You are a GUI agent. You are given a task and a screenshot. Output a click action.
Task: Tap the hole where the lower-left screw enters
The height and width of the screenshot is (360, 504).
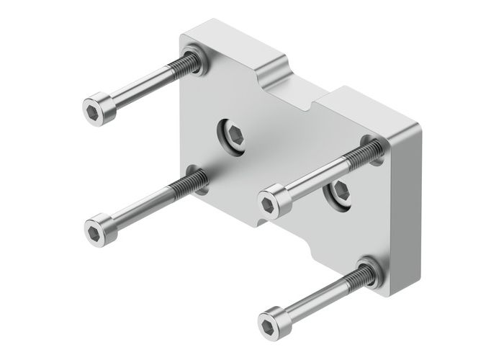[195, 177]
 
